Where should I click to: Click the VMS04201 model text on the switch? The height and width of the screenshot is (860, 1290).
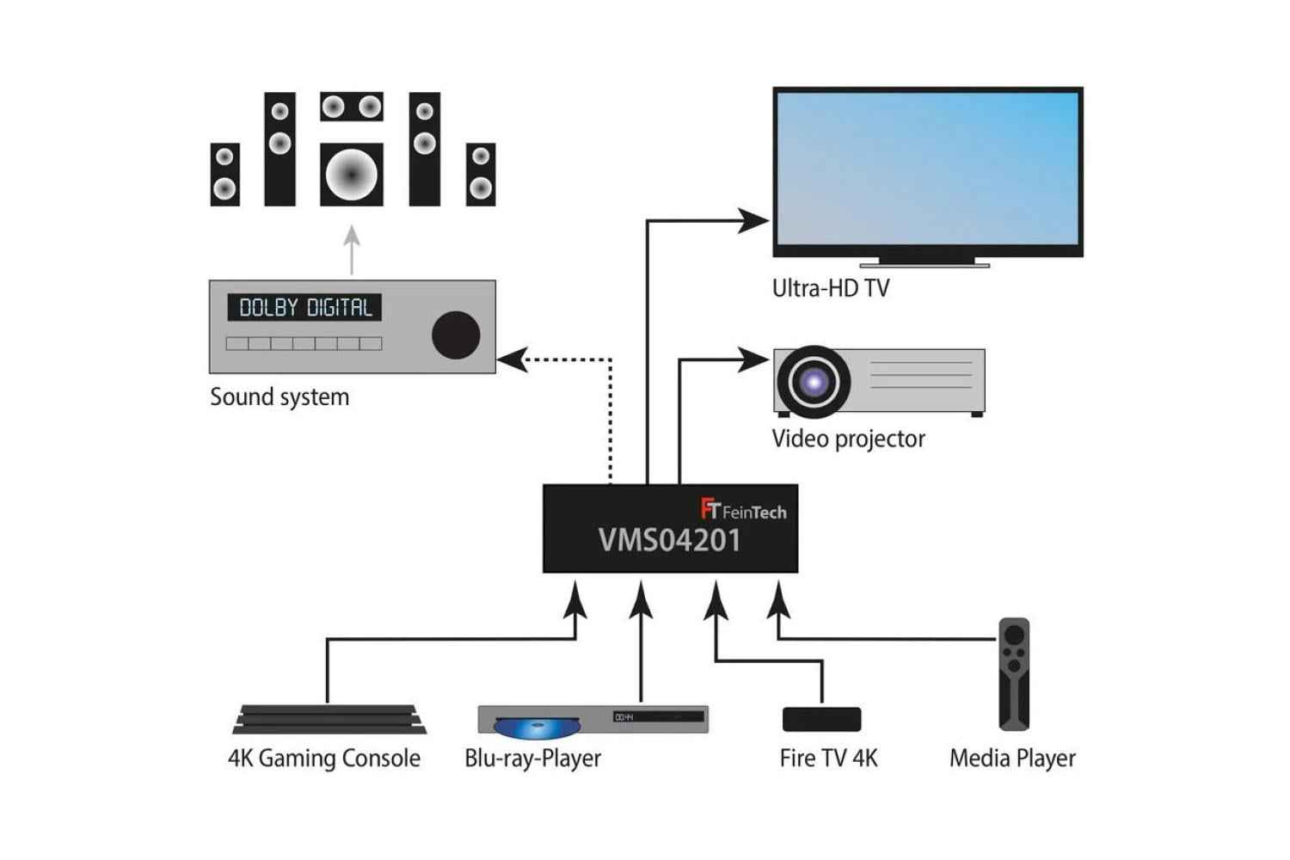coord(669,541)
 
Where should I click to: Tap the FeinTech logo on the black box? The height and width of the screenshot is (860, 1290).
coord(743,511)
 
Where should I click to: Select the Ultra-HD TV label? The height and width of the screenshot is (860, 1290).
coord(830,288)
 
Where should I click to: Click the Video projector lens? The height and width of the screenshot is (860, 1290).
coord(813,381)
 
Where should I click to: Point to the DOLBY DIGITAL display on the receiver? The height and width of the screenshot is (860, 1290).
coord(304,308)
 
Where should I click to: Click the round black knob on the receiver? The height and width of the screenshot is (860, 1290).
coord(455,335)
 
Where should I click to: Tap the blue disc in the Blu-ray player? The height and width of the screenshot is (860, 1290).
coord(537,728)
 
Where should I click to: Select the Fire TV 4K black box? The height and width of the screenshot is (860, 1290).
coord(821,719)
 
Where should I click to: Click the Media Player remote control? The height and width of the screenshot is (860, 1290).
coord(1014,673)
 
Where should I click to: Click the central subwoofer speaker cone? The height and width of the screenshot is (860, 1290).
coord(351,175)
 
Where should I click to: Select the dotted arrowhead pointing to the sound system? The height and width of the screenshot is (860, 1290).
coord(512,359)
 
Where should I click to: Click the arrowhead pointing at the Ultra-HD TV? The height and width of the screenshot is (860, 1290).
coord(752,221)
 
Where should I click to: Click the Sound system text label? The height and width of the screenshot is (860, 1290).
coord(279,397)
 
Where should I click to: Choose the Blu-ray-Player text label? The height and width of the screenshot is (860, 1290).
coord(532,759)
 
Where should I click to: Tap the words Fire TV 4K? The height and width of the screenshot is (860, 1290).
coord(828,759)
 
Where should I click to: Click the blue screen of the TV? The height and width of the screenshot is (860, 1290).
coord(927,169)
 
